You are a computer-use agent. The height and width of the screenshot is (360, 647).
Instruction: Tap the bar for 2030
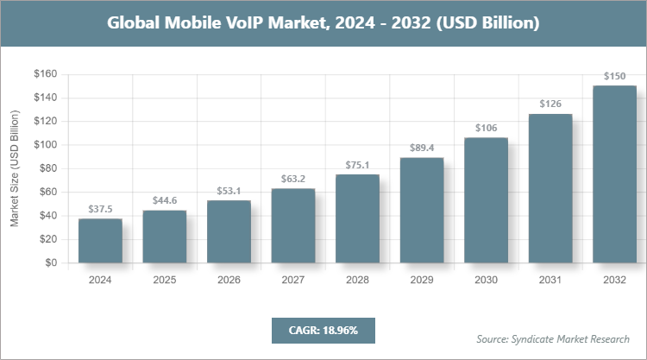pyautogui.click(x=487, y=200)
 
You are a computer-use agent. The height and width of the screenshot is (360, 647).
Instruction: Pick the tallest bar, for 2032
pyautogui.click(x=615, y=174)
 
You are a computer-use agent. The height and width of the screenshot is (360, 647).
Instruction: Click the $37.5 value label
pyautogui.click(x=100, y=209)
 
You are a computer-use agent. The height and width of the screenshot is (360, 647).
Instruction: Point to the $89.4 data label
pyautogui.click(x=422, y=148)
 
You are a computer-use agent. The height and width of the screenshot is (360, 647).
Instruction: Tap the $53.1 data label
pyautogui.click(x=229, y=191)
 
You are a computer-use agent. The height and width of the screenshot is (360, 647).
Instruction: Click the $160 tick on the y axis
pyautogui.click(x=45, y=74)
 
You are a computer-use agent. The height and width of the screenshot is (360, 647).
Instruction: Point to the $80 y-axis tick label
pyautogui.click(x=47, y=168)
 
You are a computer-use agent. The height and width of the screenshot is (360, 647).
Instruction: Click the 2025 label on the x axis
pyautogui.click(x=165, y=280)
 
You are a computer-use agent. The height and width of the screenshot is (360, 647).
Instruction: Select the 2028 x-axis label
pyautogui.click(x=357, y=280)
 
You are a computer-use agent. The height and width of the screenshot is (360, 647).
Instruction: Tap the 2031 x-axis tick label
pyautogui.click(x=550, y=280)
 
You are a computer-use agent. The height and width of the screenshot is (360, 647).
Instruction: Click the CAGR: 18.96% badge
pyautogui.click(x=323, y=330)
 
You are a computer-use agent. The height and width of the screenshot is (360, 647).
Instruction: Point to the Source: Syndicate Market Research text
pyautogui.click(x=552, y=338)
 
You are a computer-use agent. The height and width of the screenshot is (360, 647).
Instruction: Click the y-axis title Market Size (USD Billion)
pyautogui.click(x=15, y=168)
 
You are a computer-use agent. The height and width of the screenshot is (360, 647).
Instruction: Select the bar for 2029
pyautogui.click(x=422, y=210)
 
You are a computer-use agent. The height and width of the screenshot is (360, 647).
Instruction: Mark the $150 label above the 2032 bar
pyautogui.click(x=615, y=76)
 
